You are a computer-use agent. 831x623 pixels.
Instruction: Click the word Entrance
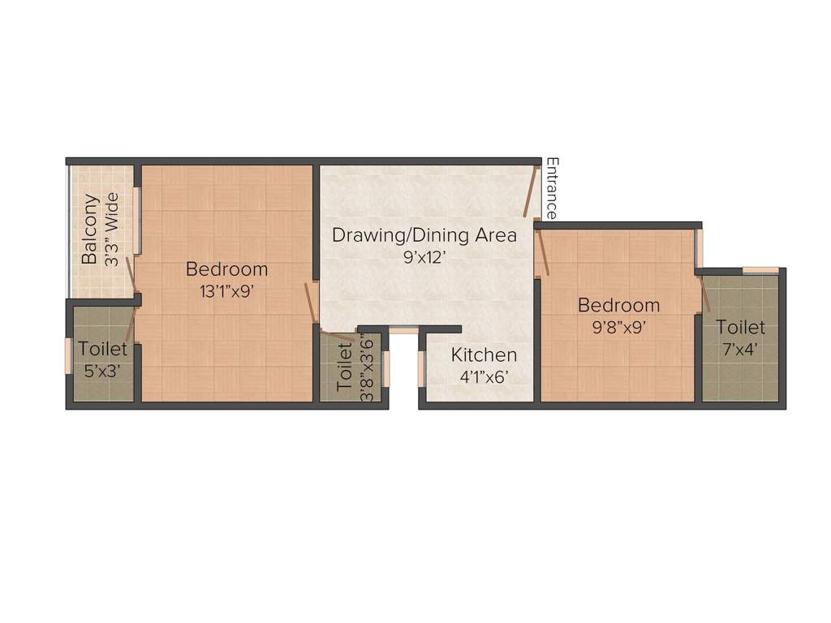point(551,188)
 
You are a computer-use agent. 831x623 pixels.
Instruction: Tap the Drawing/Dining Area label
point(424,235)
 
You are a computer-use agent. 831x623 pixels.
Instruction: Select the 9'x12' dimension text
point(424,257)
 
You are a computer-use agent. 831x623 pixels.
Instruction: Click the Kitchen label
point(484,354)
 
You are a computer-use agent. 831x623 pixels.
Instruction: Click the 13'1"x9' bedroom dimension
point(227,291)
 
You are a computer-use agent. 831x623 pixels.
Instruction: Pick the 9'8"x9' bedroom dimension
point(618,328)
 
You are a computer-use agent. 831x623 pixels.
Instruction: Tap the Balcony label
point(91,230)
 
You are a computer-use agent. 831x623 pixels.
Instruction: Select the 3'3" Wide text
point(113,230)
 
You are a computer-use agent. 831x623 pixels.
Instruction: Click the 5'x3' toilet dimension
point(102,370)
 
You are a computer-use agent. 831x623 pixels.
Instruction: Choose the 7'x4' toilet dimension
point(740,349)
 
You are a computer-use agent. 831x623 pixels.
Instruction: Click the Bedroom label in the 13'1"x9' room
point(226,269)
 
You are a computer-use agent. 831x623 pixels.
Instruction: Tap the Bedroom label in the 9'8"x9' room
point(618,306)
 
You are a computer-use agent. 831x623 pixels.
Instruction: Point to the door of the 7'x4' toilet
point(704,294)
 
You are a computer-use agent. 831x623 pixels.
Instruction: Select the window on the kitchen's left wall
point(421,368)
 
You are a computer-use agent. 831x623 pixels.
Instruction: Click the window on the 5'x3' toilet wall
point(69,355)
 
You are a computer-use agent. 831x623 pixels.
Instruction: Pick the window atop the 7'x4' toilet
point(760,270)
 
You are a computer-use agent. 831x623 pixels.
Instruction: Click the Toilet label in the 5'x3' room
point(102,350)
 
